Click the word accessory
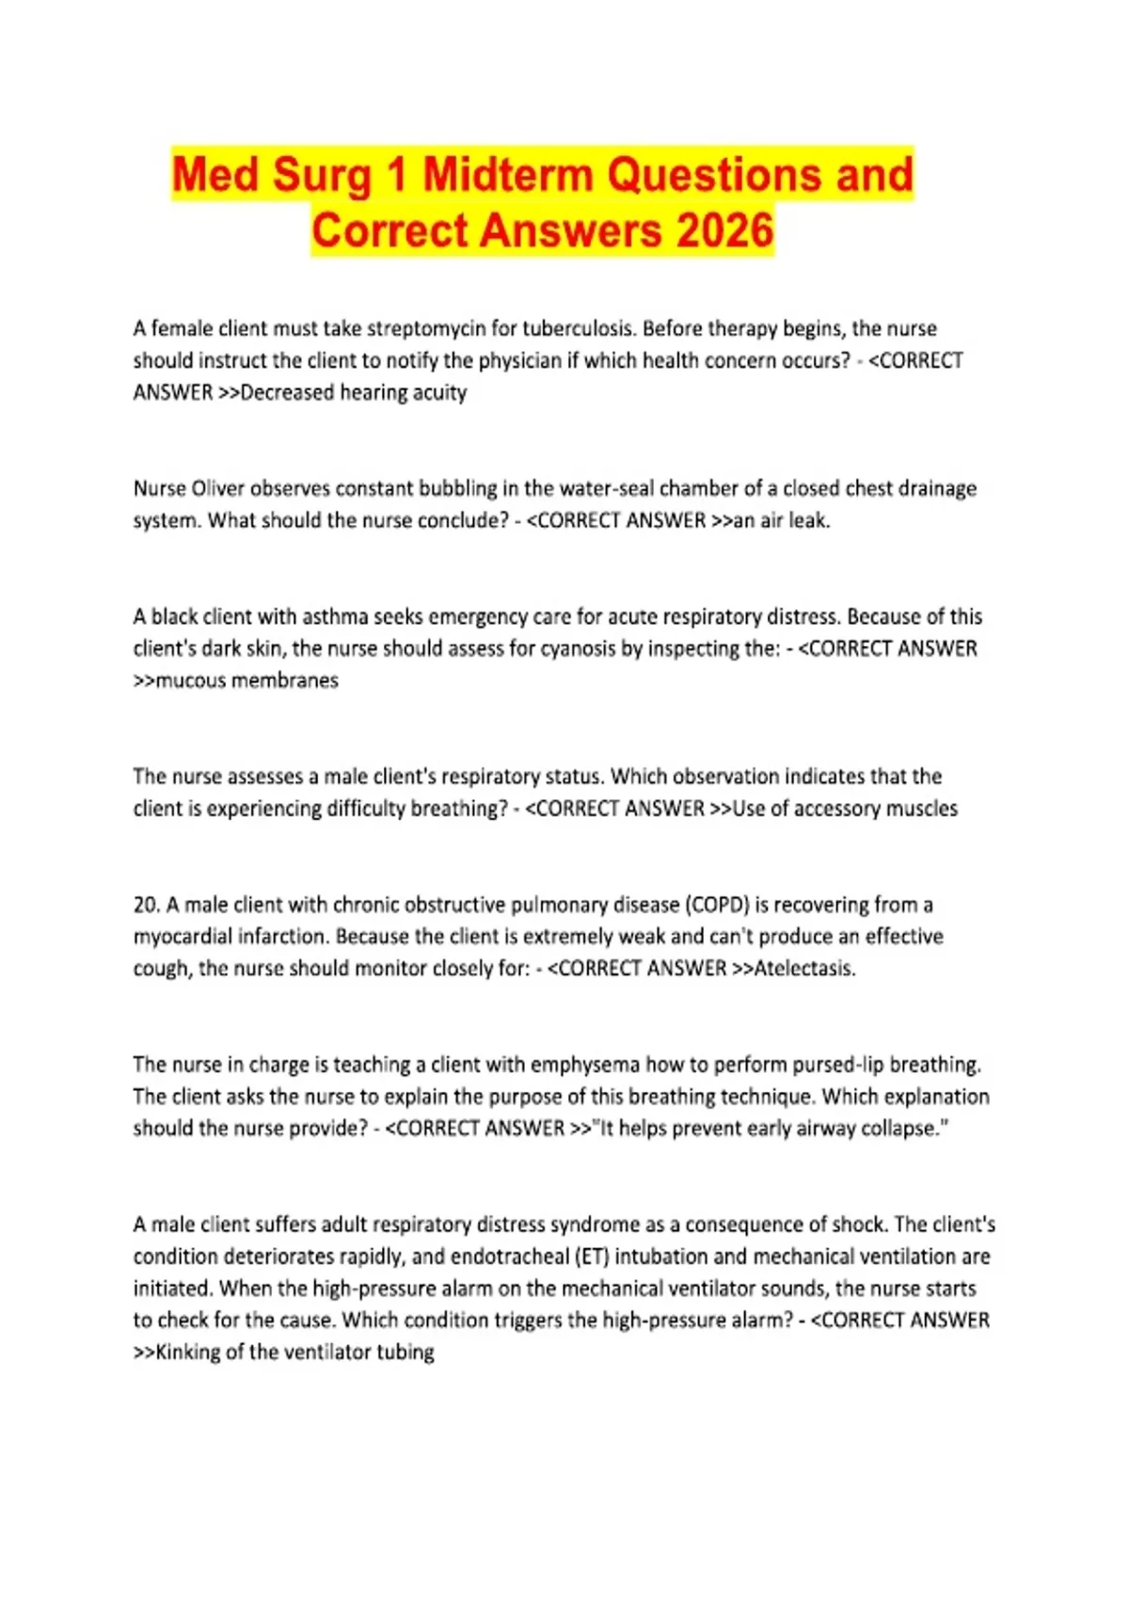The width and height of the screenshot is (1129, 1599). [838, 808]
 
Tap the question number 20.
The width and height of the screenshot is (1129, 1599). [145, 904]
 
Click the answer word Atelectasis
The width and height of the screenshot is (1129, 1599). [804, 968]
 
